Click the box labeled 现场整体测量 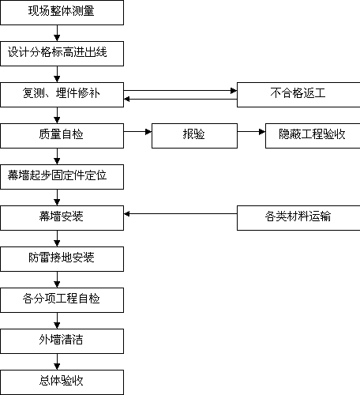click(x=62, y=13)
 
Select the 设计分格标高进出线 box click(x=62, y=54)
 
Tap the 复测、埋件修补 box click(x=62, y=95)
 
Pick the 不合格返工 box click(x=298, y=95)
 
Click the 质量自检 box click(x=62, y=136)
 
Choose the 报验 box click(x=194, y=136)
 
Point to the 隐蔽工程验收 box click(x=313, y=136)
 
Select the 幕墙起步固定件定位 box click(x=62, y=177)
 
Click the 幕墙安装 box click(x=62, y=218)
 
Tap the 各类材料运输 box click(x=298, y=218)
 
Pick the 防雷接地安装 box click(x=62, y=259)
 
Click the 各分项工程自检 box click(x=62, y=300)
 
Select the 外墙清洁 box click(x=62, y=341)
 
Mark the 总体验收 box click(x=62, y=382)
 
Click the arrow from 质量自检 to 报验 click(x=137, y=132)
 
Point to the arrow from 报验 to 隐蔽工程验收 click(x=251, y=132)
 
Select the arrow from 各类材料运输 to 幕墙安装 click(x=181, y=214)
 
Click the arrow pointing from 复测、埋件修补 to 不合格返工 click(x=181, y=91)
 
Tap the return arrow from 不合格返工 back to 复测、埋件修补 click(x=181, y=100)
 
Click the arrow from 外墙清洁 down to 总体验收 click(x=57, y=362)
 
